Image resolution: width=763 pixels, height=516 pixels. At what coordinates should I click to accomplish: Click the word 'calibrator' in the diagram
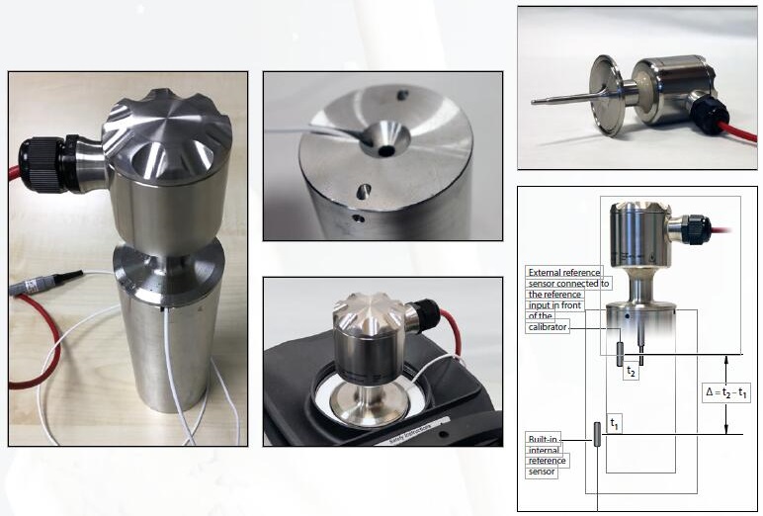pos(548,327)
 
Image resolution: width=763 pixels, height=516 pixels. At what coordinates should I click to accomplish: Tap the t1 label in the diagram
pos(614,424)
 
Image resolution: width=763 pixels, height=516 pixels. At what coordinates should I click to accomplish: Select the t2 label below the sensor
pos(631,372)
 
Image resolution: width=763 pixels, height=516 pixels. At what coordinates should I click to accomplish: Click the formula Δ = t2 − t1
pos(726,392)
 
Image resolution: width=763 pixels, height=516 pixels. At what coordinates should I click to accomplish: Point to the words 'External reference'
pos(564,272)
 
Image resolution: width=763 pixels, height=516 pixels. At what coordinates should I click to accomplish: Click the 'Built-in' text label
pos(543,439)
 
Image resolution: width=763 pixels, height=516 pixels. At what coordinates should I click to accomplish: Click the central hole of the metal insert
pos(386,150)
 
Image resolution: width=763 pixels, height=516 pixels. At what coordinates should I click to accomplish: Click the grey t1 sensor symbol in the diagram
pos(597,434)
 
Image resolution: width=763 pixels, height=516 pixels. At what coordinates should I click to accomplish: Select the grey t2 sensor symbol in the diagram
pos(620,354)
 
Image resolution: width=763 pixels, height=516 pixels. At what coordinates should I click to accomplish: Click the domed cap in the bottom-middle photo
pos(369,314)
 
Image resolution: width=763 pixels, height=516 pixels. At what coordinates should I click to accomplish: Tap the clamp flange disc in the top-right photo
pos(606,96)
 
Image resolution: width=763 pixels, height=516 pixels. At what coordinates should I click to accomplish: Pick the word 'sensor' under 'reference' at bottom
pos(542,472)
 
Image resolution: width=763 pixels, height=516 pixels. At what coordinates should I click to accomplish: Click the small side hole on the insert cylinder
pos(359,218)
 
